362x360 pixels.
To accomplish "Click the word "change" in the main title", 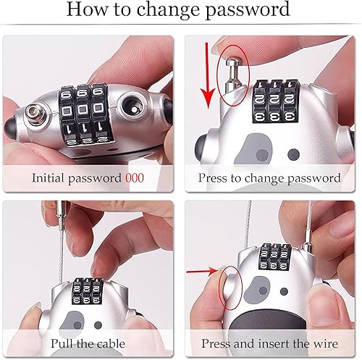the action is coord(168,9).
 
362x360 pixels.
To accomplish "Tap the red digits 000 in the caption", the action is coord(135,178).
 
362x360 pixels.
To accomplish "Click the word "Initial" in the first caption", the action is coord(49,178).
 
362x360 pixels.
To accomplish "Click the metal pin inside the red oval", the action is coord(232,74).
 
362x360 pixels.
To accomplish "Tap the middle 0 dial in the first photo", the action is coord(83,109).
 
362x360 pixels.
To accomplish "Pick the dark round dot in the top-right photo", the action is coord(293,154).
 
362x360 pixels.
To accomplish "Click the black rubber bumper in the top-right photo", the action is coord(201,147).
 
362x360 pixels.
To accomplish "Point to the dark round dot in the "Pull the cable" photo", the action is coord(98,325).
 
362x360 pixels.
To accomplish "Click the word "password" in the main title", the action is coord(248,10).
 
